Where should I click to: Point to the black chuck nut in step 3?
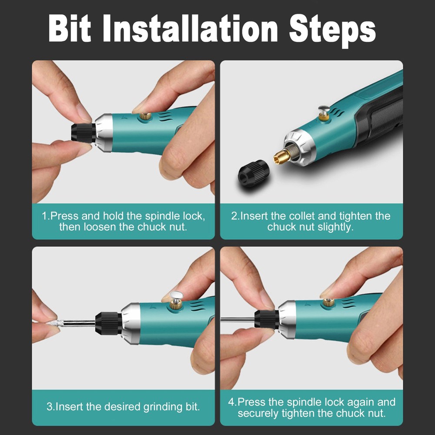(108, 323)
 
